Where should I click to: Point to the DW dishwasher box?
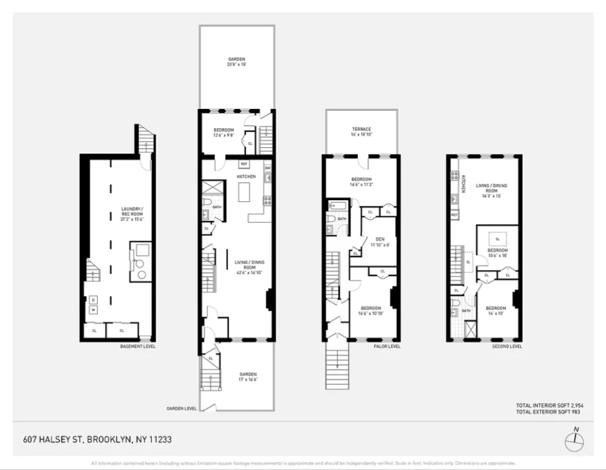coord(267,168)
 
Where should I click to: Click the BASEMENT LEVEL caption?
coord(137,347)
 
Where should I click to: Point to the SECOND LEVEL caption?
coord(507,347)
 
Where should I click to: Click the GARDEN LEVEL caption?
coord(181,409)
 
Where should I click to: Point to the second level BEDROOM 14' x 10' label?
coord(496,311)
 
